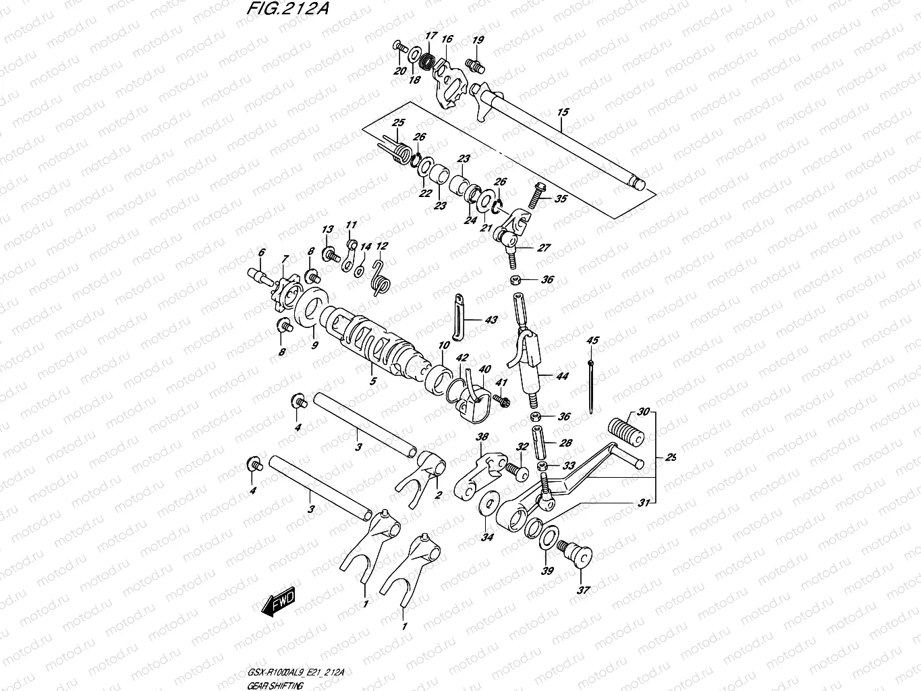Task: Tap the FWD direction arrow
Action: tap(277, 603)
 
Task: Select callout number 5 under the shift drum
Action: tap(373, 381)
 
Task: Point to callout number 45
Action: tap(592, 341)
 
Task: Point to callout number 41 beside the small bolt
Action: tap(500, 383)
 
